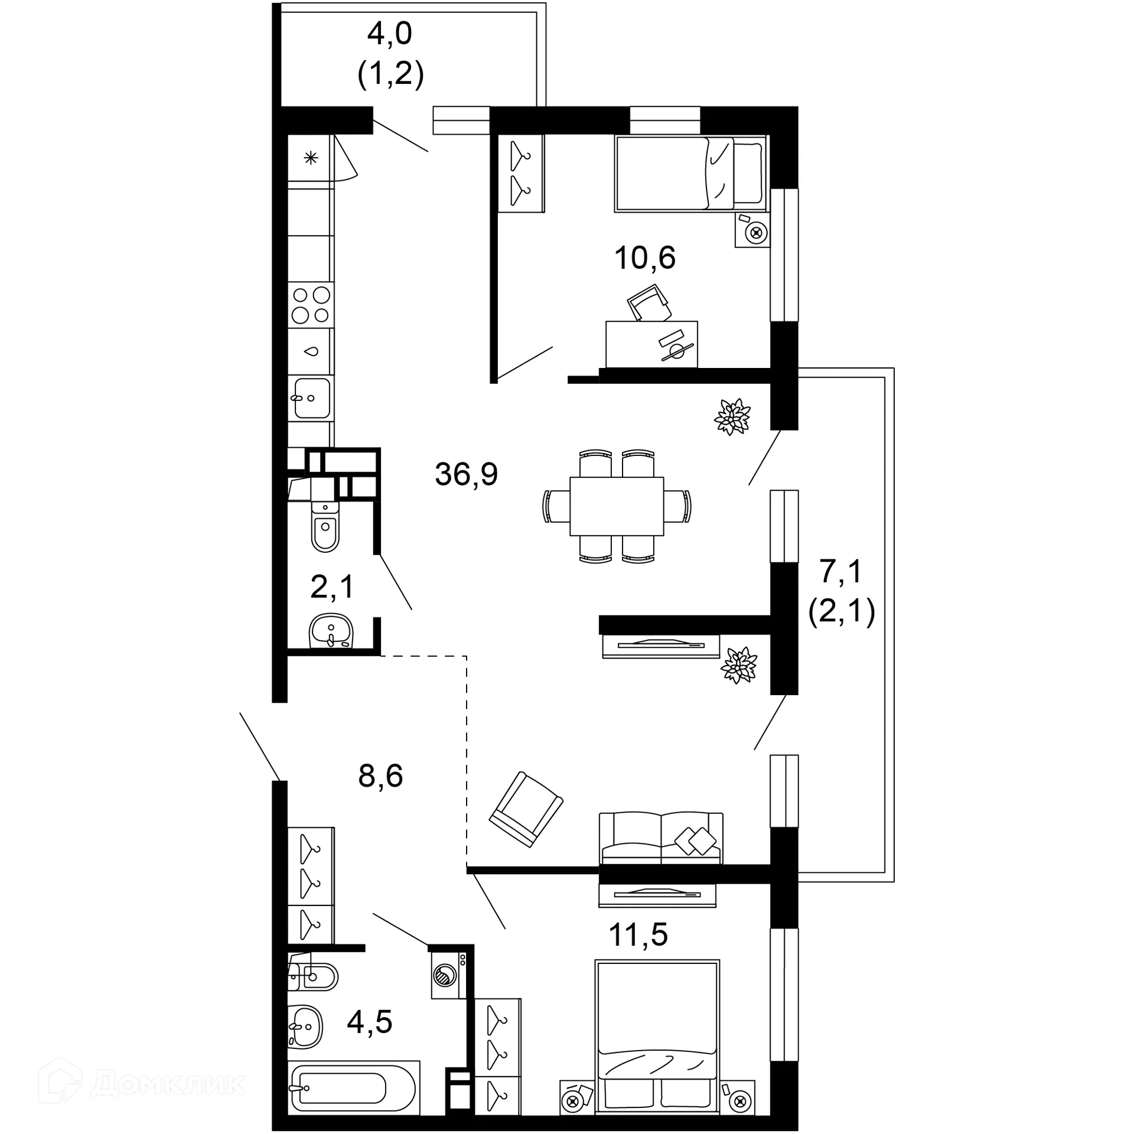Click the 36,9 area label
pyautogui.click(x=466, y=474)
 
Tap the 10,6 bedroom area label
pyautogui.click(x=644, y=258)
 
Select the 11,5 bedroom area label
pyautogui.click(x=638, y=935)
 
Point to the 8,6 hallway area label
pyautogui.click(x=380, y=776)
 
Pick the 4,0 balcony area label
pyautogui.click(x=389, y=34)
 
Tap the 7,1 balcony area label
pyautogui.click(x=841, y=572)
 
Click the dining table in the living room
pyautogui.click(x=616, y=506)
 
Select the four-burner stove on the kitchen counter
pyautogui.click(x=311, y=305)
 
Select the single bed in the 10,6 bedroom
pyautogui.click(x=689, y=174)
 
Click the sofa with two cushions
pyautogui.click(x=660, y=839)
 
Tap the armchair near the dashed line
pyautogui.click(x=526, y=809)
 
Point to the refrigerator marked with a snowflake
pyautogui.click(x=311, y=158)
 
